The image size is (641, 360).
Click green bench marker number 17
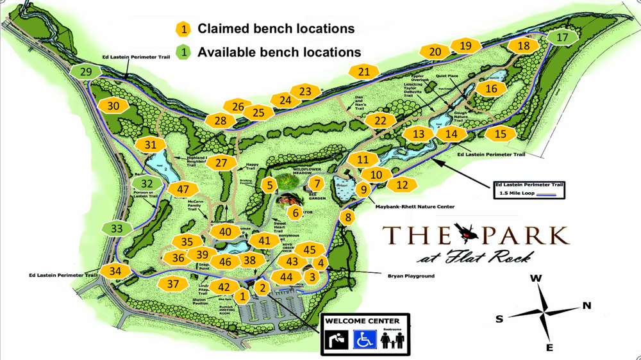562,37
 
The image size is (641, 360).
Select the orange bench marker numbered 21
364,72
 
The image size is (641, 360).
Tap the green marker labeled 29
87,72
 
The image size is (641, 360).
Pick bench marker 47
184,189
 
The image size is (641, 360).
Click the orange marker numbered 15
501,134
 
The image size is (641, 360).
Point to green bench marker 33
117,228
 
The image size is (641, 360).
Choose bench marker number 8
348,218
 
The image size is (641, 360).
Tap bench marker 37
172,284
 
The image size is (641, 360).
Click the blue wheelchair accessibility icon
365,339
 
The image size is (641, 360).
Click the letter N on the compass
587,306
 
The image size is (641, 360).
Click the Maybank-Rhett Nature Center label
414,206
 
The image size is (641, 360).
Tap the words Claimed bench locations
276,29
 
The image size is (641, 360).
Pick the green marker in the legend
184,52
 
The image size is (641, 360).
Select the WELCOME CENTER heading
362,321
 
